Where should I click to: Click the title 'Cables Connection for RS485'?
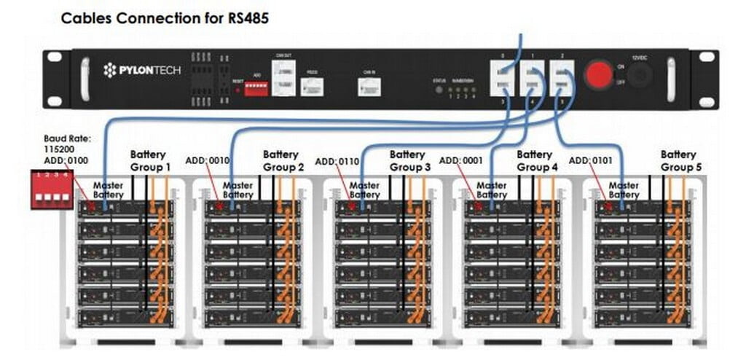tap(165, 18)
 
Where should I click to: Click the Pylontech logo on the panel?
tap(142, 71)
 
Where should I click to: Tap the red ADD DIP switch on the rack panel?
tap(256, 87)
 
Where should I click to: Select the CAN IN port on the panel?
tap(368, 87)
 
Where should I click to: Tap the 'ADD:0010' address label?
tap(207, 160)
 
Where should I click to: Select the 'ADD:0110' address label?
tap(337, 161)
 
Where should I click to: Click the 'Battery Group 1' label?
tap(150, 160)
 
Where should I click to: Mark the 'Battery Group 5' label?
tap(678, 160)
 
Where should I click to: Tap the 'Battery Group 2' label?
tap(280, 160)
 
